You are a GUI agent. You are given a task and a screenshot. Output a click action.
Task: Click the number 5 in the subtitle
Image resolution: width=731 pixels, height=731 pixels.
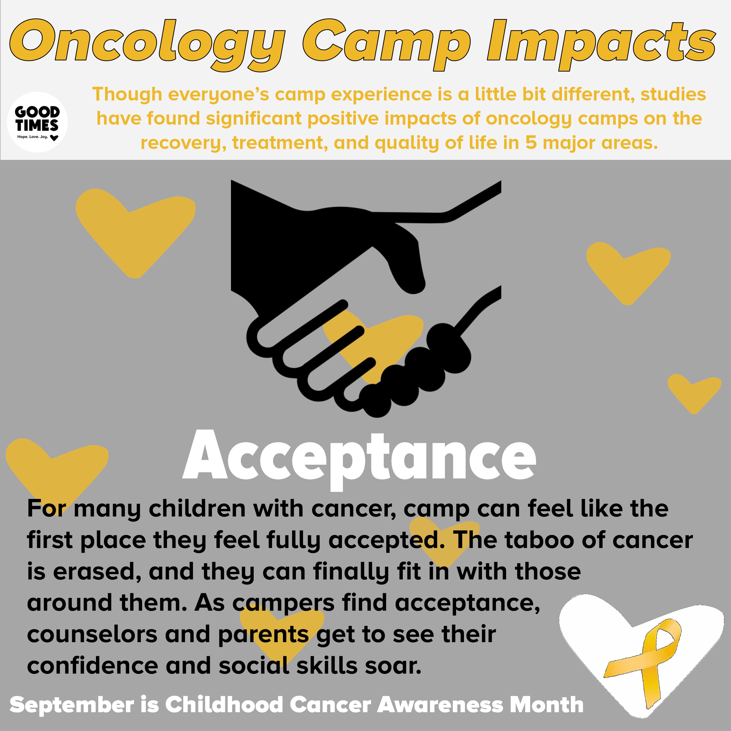[x=531, y=143]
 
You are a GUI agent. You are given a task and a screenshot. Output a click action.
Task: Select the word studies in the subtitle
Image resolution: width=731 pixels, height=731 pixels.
[x=673, y=94]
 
